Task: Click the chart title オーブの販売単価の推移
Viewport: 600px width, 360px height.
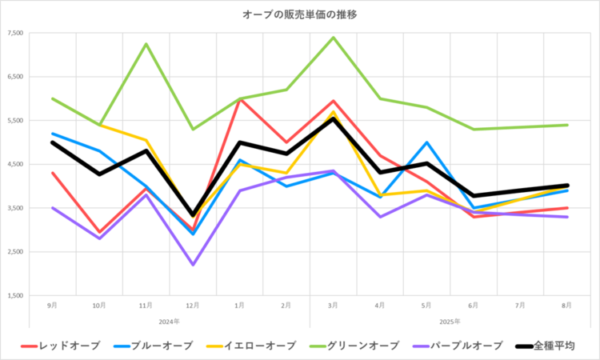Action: click(300, 14)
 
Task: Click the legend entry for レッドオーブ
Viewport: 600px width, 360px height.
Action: click(71, 346)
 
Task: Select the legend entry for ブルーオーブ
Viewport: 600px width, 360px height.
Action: click(164, 346)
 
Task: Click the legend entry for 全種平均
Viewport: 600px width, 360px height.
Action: click(565, 346)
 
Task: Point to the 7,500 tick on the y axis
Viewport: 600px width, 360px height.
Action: click(15, 33)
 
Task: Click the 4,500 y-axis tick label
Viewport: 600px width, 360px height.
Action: click(15, 165)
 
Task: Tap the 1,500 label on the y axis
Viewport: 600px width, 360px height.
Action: click(15, 296)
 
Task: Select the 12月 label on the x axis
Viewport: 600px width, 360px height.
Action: click(193, 306)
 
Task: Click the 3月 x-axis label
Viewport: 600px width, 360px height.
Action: click(333, 306)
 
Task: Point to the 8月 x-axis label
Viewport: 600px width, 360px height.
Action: click(566, 306)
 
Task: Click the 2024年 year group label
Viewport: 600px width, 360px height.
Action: click(170, 321)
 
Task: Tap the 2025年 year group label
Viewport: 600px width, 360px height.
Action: click(450, 321)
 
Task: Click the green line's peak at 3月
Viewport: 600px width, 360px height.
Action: click(333, 38)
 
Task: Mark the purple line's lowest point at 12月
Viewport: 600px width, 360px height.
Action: click(193, 265)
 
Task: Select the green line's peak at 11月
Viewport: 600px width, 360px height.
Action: click(146, 44)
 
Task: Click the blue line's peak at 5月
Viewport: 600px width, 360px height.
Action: click(426, 142)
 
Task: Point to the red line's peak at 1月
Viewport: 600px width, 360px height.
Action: click(239, 99)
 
